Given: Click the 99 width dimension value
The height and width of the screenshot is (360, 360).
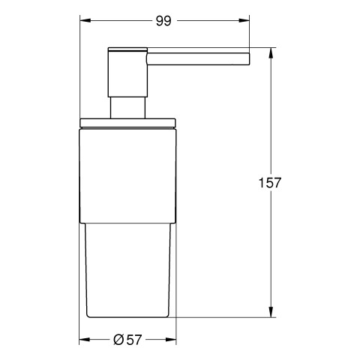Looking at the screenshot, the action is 163,21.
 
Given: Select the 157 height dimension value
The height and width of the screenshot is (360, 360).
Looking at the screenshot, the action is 270,183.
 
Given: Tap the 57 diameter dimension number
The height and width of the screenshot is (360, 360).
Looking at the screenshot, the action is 133,340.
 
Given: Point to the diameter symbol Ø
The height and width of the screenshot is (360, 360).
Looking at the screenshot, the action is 118,340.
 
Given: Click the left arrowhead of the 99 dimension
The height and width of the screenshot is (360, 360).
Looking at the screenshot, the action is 85,20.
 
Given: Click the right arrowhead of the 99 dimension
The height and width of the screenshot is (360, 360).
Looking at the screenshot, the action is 244,20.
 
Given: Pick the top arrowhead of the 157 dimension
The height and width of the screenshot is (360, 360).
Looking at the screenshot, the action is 271,52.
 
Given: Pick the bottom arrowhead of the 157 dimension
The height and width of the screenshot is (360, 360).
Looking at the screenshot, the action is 271,312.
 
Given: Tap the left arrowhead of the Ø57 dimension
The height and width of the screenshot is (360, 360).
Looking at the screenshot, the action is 85,340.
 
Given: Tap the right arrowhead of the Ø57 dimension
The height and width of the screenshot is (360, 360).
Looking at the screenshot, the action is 171,340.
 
